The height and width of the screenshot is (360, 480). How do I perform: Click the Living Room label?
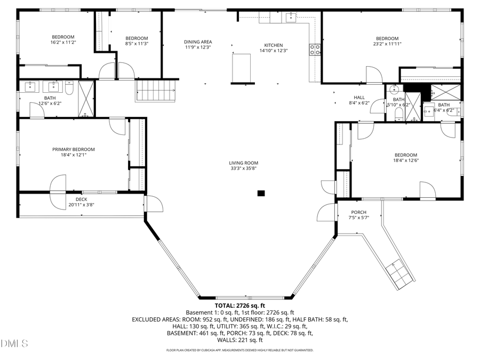pos(244,163)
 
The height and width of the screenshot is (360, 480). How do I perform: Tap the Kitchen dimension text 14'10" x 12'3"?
pos(274,51)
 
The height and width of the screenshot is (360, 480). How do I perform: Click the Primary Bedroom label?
pos(74,149)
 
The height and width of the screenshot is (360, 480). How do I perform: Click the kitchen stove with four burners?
pos(315,50)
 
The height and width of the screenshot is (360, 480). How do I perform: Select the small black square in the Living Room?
pos(261,193)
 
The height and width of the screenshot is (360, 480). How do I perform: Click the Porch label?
pos(358,212)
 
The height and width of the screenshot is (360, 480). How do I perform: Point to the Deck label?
pos(81,199)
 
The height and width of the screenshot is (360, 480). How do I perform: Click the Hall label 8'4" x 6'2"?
pos(359,100)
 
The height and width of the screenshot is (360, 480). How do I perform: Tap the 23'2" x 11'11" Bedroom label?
pos(387,41)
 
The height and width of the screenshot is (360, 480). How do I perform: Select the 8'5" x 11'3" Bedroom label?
pos(137,41)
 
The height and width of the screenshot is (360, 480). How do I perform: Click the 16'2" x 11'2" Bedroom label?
pos(63,39)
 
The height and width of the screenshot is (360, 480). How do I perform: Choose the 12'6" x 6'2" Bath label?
pos(50,101)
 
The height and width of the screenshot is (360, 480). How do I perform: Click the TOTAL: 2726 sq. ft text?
pos(239,306)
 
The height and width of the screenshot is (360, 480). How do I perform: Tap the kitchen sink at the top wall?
pos(290,17)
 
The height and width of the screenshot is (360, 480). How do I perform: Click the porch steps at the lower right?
pos(399,273)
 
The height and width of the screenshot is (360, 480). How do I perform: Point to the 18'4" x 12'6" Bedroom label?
pos(405,157)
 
